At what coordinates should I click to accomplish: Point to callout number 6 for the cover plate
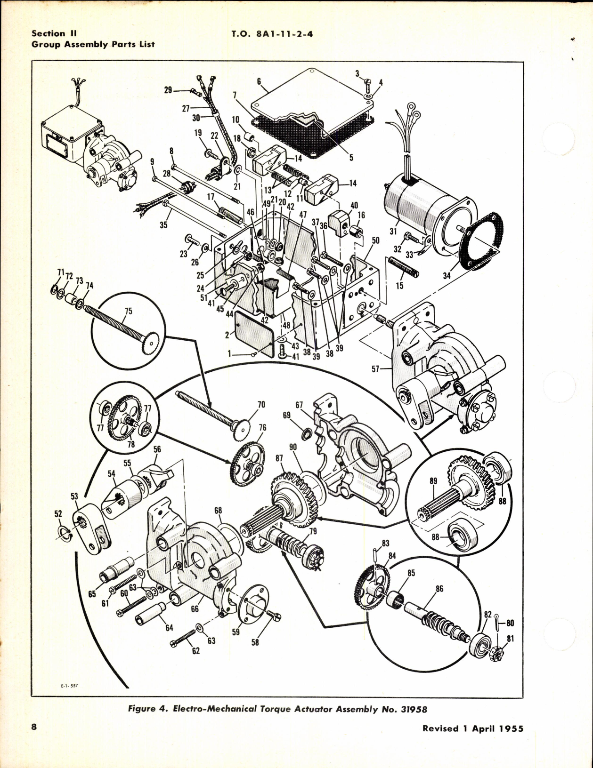click(x=259, y=81)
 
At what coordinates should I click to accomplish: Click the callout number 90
click(x=293, y=447)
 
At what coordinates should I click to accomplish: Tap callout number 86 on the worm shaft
click(x=439, y=589)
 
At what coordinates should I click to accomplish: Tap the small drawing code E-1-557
click(x=69, y=685)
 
